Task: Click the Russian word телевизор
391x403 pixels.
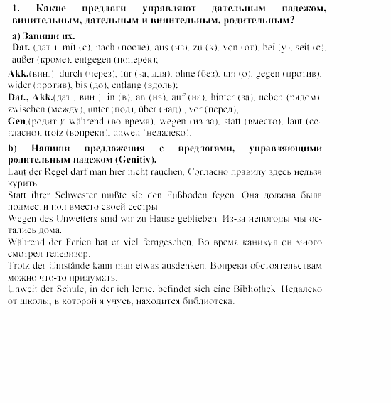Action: point(70,253)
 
